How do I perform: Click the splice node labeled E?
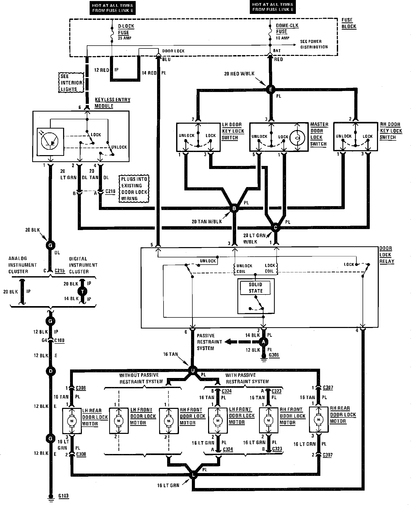270,89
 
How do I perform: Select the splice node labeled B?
234,208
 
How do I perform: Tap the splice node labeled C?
276,228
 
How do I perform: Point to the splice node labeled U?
193,371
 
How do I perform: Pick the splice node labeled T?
83,291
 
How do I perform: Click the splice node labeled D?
50,371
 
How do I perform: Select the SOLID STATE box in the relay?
255,288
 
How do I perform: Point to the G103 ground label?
63,496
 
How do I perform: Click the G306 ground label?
274,355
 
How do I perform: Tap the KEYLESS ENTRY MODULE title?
113,103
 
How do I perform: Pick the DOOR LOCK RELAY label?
387,255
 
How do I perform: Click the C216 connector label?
110,191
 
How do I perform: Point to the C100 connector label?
59,340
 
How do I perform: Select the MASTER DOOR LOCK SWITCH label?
319,134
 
